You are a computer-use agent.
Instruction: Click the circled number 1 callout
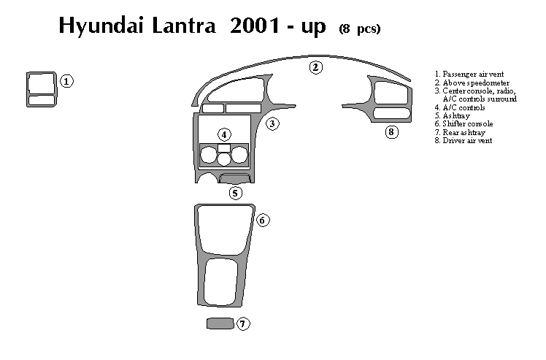[66, 81]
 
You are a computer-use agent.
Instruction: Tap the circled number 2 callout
[315, 68]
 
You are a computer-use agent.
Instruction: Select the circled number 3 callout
[272, 123]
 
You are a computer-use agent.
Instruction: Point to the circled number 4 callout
[224, 134]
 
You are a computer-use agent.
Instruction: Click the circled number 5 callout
[235, 194]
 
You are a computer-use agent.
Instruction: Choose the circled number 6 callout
[264, 220]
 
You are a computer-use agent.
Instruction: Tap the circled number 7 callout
[244, 323]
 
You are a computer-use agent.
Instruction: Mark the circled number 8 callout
[392, 132]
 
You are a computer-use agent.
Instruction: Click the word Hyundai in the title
[99, 27]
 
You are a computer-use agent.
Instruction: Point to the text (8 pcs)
[359, 28]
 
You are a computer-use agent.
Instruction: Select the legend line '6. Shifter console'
[464, 123]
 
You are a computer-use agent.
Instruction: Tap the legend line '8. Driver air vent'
[463, 140]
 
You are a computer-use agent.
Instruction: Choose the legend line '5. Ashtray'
[453, 115]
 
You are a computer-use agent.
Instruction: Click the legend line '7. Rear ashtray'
[459, 132]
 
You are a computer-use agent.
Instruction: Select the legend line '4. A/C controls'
[459, 107]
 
